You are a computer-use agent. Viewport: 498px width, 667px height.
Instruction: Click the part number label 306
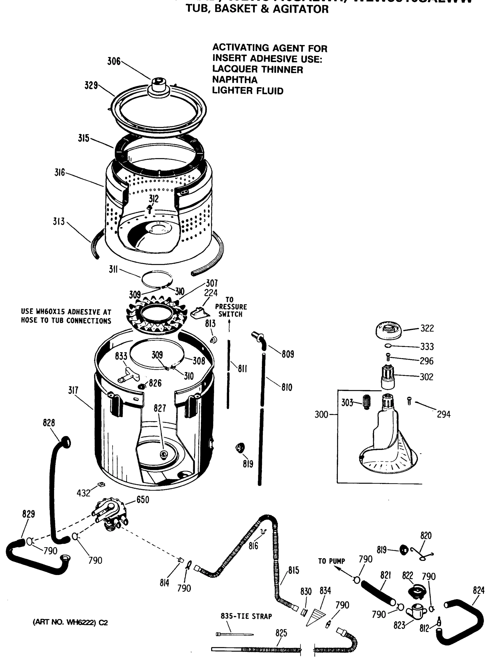coord(114,61)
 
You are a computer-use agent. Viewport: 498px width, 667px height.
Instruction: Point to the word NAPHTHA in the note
coord(235,80)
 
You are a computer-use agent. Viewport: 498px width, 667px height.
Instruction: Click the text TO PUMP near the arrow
coord(331,561)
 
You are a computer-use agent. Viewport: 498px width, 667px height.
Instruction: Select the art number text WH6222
coord(79,622)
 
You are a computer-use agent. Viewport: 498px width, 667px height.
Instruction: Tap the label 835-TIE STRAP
coord(246,616)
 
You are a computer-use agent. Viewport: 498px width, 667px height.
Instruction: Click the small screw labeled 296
coord(388,357)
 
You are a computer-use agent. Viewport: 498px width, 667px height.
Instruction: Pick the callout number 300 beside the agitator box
coord(321,414)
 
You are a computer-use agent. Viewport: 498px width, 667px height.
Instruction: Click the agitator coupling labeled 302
coord(388,377)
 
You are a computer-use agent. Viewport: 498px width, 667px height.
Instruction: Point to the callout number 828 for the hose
coord(49,423)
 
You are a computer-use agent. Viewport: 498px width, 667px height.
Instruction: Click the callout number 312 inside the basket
coord(154,198)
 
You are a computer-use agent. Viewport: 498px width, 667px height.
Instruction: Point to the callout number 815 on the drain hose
coord(293,570)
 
